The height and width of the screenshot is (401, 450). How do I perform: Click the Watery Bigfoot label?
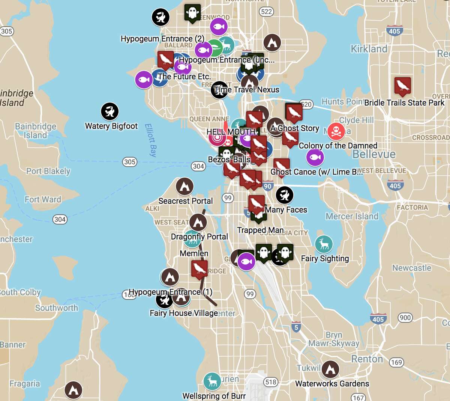tap(111, 126)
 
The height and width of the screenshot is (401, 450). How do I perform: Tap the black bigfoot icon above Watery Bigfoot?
tap(110, 112)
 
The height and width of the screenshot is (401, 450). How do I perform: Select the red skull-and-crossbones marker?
tap(336, 131)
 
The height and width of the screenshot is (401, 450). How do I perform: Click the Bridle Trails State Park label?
tap(404, 103)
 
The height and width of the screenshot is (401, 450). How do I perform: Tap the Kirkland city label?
tap(369, 49)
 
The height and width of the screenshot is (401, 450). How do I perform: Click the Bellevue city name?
tap(374, 154)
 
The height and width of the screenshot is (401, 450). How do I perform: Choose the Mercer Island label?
tap(352, 216)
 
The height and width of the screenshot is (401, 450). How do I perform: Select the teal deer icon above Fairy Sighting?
tap(324, 244)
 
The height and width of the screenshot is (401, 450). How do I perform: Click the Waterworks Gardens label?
tap(332, 384)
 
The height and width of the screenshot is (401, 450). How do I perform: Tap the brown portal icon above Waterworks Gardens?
tap(330, 370)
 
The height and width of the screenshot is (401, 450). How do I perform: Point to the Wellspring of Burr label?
tap(214, 396)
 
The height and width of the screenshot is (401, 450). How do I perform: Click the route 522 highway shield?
tap(266, 12)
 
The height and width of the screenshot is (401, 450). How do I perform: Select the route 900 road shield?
tap(405, 318)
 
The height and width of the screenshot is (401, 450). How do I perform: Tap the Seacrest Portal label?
tap(185, 201)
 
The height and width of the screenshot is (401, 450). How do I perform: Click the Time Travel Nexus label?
tap(247, 90)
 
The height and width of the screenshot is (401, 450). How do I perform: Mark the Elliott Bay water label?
tap(150, 140)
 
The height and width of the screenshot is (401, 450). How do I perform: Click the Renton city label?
tap(367, 359)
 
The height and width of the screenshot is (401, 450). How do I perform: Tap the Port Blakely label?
tap(48, 171)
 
